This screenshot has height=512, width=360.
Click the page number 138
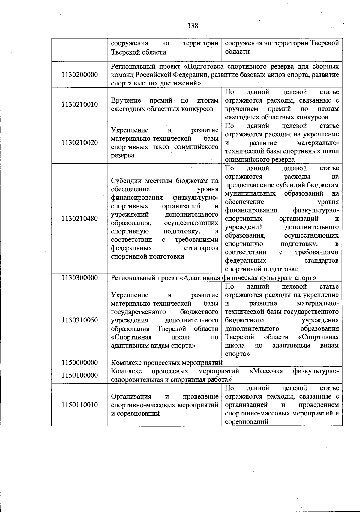193,26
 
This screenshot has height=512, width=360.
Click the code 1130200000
79,75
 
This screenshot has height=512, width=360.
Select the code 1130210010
79,104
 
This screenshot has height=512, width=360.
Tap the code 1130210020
79,142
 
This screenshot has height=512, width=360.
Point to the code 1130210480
79,218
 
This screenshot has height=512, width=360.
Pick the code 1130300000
79,278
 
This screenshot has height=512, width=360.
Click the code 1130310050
79,320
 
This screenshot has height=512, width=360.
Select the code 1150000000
79,363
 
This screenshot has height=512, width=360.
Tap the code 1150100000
79,375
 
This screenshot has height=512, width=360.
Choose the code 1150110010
79,405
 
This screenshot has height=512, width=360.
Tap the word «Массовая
266,371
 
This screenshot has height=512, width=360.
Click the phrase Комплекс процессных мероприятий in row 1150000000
167,363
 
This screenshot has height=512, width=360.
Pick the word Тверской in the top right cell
326,43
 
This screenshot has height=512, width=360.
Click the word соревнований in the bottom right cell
246,422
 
